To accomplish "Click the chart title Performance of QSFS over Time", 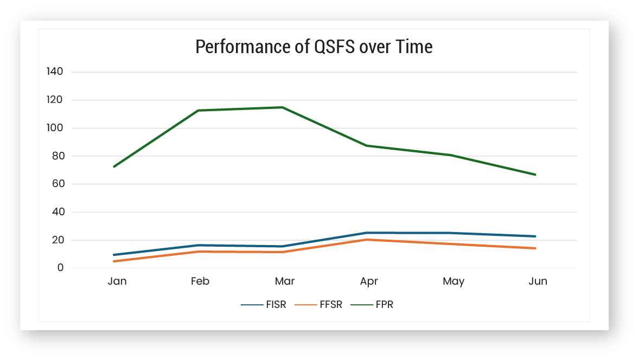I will (x=314, y=47).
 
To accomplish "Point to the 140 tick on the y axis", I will (x=55, y=72).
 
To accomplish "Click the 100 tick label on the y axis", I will (x=55, y=128).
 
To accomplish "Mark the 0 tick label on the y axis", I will (x=61, y=268).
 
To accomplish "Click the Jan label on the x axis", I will (x=117, y=281).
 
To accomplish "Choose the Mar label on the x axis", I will (x=285, y=281).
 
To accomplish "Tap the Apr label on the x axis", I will (x=369, y=281).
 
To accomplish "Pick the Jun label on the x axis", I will (x=538, y=281).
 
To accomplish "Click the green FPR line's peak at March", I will (x=282, y=107).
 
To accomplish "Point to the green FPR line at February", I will (x=199, y=111).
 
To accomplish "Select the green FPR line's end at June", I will (x=535, y=175).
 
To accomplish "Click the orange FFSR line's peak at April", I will (x=367, y=240).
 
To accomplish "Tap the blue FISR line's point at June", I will (x=535, y=236).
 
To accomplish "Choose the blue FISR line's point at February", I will (x=199, y=245).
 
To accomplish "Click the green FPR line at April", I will (x=367, y=145).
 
